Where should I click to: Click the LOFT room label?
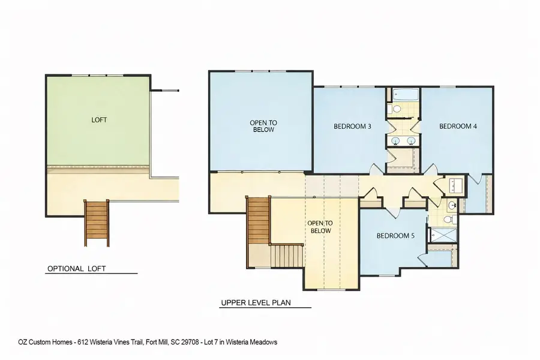99,120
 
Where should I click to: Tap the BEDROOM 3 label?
352,127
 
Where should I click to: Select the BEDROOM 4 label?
458,127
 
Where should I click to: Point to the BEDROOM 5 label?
395,236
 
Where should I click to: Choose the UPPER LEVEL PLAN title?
256,303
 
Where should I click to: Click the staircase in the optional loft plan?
97,222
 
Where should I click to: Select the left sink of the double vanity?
396,141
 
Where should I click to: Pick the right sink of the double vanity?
411,141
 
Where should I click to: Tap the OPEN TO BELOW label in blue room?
263,126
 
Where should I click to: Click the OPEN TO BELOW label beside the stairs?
319,227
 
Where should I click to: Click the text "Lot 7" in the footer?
218,342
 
